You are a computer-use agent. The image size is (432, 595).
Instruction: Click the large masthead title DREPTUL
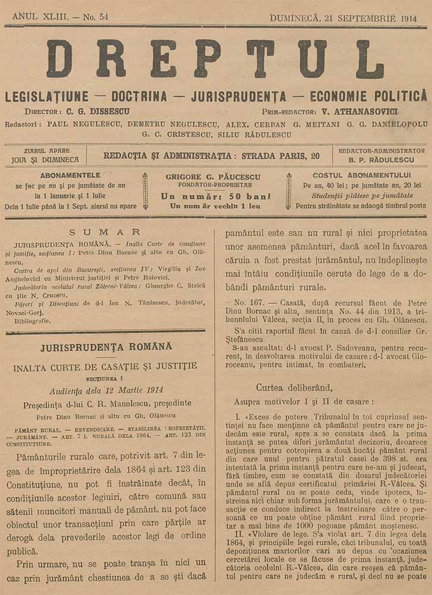(x=215, y=59)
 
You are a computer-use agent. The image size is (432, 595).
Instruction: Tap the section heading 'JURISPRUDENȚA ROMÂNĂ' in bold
(x=106, y=346)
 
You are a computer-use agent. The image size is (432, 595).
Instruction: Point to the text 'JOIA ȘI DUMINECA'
(x=46, y=159)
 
